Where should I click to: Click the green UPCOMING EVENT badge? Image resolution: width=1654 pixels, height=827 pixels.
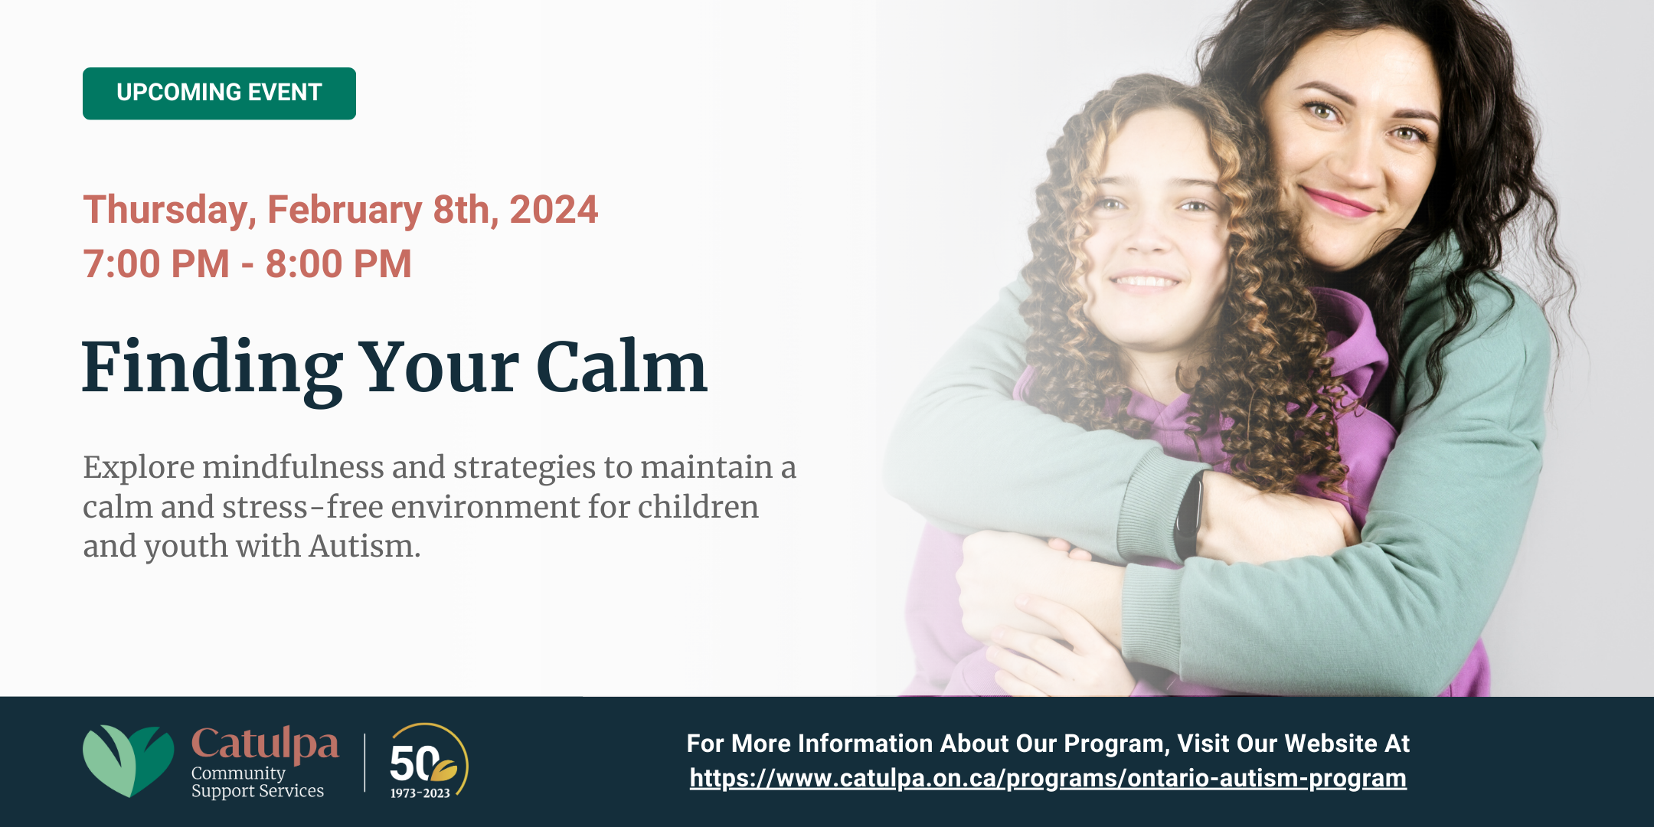pyautogui.click(x=219, y=93)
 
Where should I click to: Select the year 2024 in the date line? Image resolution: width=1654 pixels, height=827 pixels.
pyautogui.click(x=554, y=210)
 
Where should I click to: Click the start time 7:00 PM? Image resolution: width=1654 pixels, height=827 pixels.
pyautogui.click(x=156, y=264)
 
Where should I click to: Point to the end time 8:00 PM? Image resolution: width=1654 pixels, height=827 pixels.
pyautogui.click(x=338, y=264)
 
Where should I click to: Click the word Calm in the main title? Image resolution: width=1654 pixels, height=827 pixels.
pyautogui.click(x=621, y=368)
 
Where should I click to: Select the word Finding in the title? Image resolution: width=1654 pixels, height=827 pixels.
pyautogui.click(x=213, y=369)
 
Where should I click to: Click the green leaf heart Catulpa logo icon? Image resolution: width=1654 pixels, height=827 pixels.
pyautogui.click(x=128, y=760)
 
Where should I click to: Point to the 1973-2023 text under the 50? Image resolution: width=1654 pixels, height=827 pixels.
pyautogui.click(x=420, y=793)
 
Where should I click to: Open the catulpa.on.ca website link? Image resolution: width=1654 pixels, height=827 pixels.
pyautogui.click(x=1048, y=778)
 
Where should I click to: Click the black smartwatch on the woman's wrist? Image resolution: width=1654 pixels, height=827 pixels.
pyautogui.click(x=1189, y=515)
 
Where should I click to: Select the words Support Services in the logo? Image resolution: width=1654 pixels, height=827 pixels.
pyautogui.click(x=257, y=791)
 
